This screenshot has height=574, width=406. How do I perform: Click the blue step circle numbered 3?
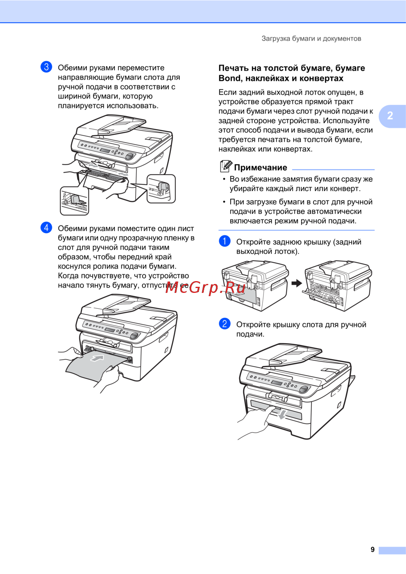pyautogui.click(x=46, y=67)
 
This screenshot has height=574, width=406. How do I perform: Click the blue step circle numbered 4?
pyautogui.click(x=46, y=227)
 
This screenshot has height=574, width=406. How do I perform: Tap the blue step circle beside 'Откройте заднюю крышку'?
pyautogui.click(x=225, y=241)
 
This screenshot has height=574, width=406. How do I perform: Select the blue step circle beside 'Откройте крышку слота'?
pyautogui.click(x=225, y=324)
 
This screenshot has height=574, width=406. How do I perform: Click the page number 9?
pyautogui.click(x=372, y=549)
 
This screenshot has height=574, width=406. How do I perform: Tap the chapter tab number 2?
pyautogui.click(x=390, y=115)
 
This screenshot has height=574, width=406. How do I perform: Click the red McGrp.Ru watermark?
pyautogui.click(x=205, y=288)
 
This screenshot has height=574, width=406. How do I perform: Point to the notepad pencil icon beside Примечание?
pyautogui.click(x=226, y=166)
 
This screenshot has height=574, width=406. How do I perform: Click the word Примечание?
pyautogui.click(x=261, y=167)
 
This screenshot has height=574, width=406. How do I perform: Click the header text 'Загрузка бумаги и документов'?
pyautogui.click(x=311, y=39)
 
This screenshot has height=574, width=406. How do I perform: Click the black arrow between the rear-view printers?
pyautogui.click(x=297, y=283)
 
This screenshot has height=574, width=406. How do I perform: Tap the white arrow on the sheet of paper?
pyautogui.click(x=97, y=358)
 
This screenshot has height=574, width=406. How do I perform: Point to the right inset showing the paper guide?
pyautogui.click(x=161, y=188)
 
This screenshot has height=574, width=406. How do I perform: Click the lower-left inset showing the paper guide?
pyautogui.click(x=74, y=201)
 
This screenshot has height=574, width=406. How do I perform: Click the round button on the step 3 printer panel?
pyautogui.click(x=130, y=156)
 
